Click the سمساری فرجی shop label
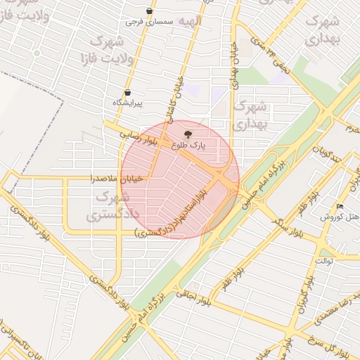click(149, 22)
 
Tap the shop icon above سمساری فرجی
click(149, 11)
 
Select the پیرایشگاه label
click(127, 103)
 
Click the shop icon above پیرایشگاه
click(127, 92)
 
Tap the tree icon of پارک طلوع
click(186, 134)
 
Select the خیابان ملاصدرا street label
click(116, 179)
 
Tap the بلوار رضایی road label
click(133, 134)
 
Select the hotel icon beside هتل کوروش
click(340, 206)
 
